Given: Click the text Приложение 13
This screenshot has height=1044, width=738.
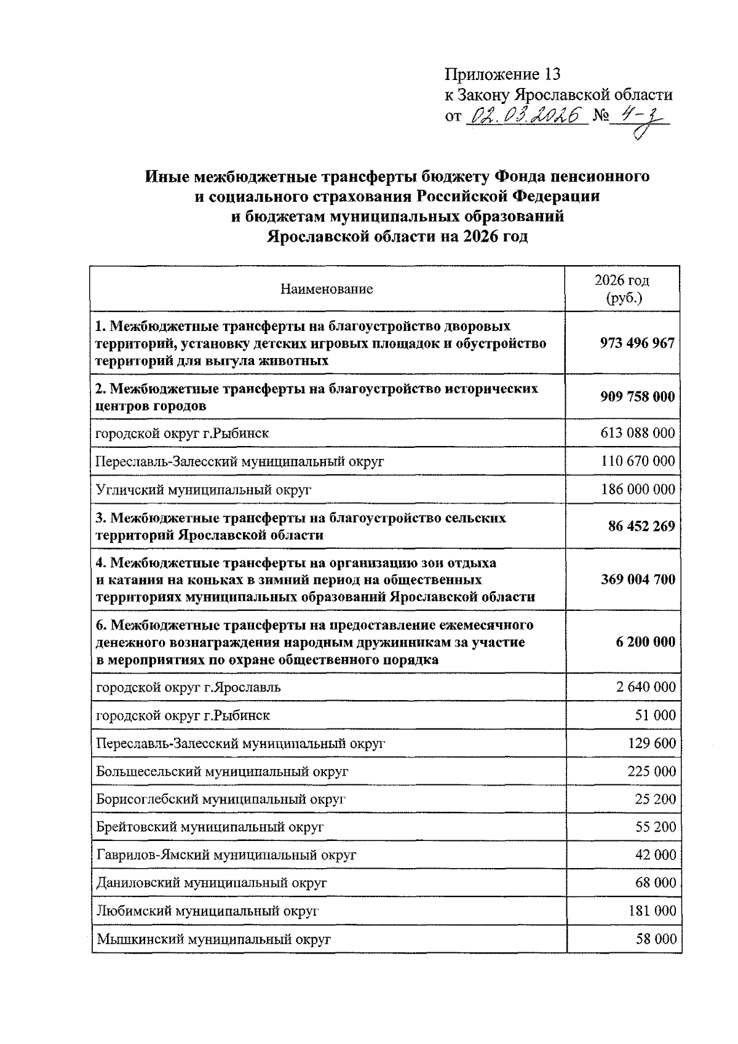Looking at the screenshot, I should [x=503, y=74].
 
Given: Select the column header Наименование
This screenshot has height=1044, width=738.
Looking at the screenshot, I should [x=327, y=289].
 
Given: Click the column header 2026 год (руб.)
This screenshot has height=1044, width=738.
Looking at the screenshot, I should [x=622, y=289].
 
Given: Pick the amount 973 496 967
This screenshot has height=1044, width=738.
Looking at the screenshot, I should [x=637, y=343].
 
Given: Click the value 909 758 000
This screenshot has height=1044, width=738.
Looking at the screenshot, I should [x=637, y=397].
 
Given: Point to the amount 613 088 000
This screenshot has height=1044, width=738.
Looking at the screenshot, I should [x=637, y=433].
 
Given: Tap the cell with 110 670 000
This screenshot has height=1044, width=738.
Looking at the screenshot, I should [x=637, y=461].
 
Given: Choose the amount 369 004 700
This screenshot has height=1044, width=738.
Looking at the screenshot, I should [x=637, y=580].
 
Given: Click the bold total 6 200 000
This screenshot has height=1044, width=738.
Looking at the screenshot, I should [x=645, y=642].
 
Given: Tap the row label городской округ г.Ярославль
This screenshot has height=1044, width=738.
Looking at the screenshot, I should [x=188, y=687].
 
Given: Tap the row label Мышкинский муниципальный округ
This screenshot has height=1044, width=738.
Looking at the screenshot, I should [x=213, y=939].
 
